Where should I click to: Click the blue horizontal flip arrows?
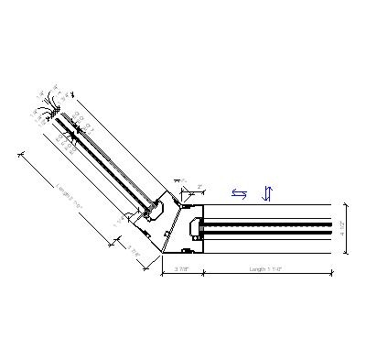coord(239,193)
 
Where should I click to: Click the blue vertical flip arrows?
coord(267,193)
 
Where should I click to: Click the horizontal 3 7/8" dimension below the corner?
coord(181,269)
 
